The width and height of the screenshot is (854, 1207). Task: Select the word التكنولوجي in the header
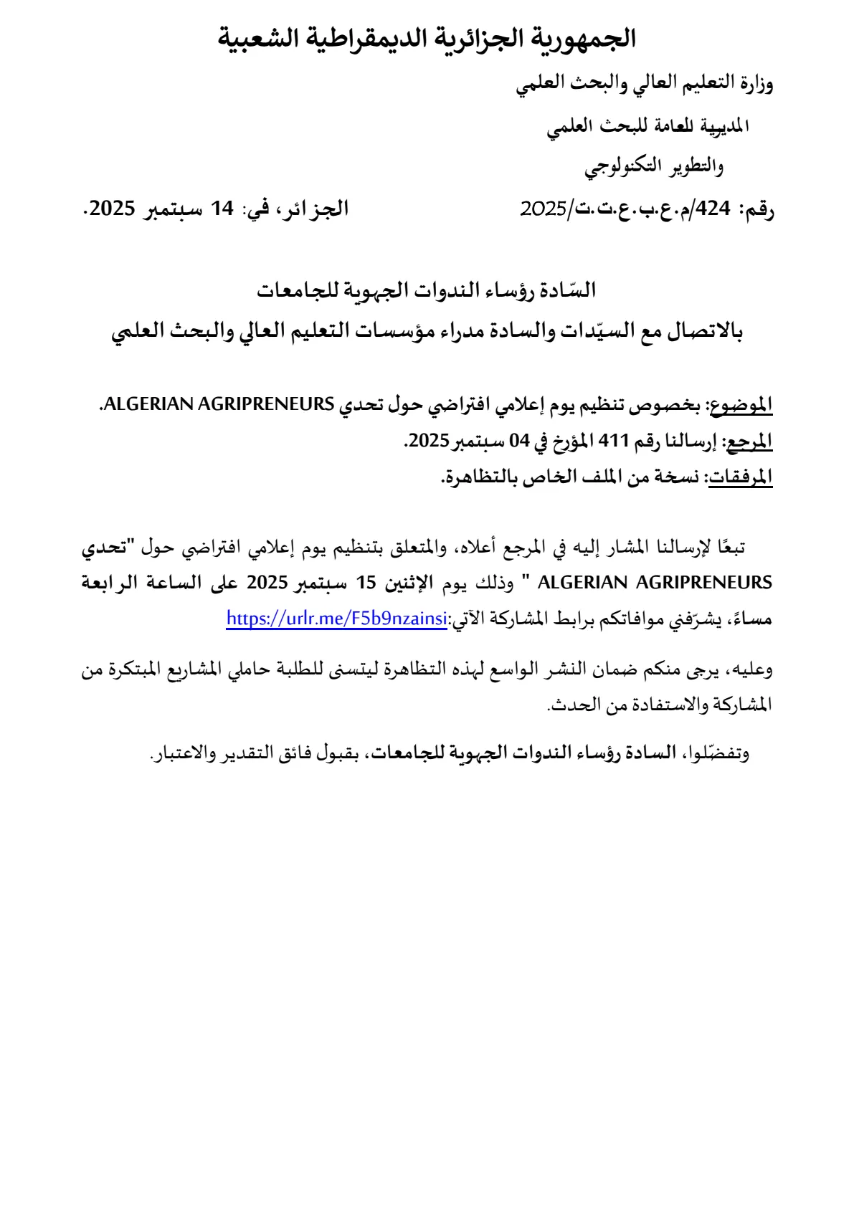tap(623, 167)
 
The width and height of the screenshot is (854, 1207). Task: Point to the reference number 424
tap(713, 209)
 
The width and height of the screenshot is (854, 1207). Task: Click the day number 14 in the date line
tap(222, 209)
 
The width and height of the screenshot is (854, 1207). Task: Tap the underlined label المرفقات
tap(741, 477)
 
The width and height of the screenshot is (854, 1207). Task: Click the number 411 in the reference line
tap(613, 441)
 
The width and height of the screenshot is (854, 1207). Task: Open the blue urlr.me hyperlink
tap(336, 619)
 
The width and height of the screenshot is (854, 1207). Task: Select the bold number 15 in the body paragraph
tap(366, 583)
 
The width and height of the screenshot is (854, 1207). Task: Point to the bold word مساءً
tap(751, 619)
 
